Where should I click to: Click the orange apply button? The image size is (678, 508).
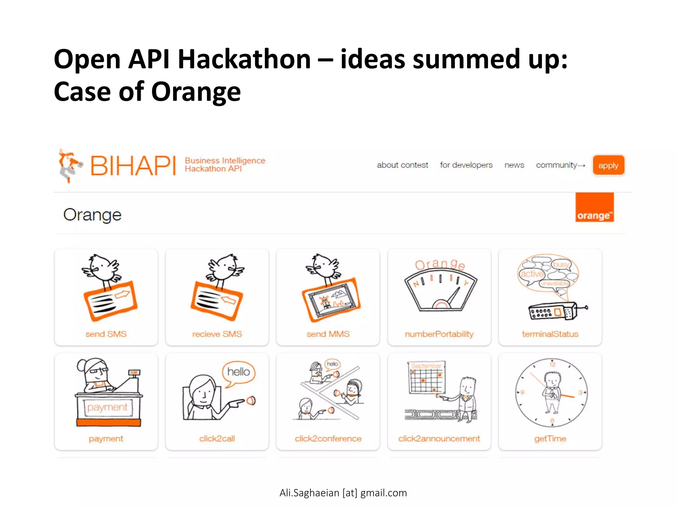(x=608, y=165)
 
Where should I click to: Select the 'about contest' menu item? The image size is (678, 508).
(x=402, y=165)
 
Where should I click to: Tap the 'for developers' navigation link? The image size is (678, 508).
(x=466, y=165)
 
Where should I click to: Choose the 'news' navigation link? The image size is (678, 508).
(x=514, y=165)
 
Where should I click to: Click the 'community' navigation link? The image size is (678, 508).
(x=557, y=165)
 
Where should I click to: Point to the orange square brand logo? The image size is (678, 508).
(x=594, y=207)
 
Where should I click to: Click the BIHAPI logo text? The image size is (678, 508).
(x=133, y=166)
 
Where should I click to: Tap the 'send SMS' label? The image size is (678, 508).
(x=106, y=334)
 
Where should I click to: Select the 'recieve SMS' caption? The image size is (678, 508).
(x=217, y=334)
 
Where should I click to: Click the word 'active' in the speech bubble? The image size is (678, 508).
(x=532, y=274)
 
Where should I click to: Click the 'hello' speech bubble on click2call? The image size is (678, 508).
(x=238, y=372)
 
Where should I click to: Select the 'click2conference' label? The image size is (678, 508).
(x=328, y=439)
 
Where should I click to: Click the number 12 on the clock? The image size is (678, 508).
(x=552, y=364)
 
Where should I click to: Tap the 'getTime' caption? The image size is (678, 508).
(x=550, y=439)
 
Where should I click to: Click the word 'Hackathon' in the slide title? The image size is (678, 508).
(x=244, y=60)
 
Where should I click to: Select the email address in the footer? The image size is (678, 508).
(x=343, y=493)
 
